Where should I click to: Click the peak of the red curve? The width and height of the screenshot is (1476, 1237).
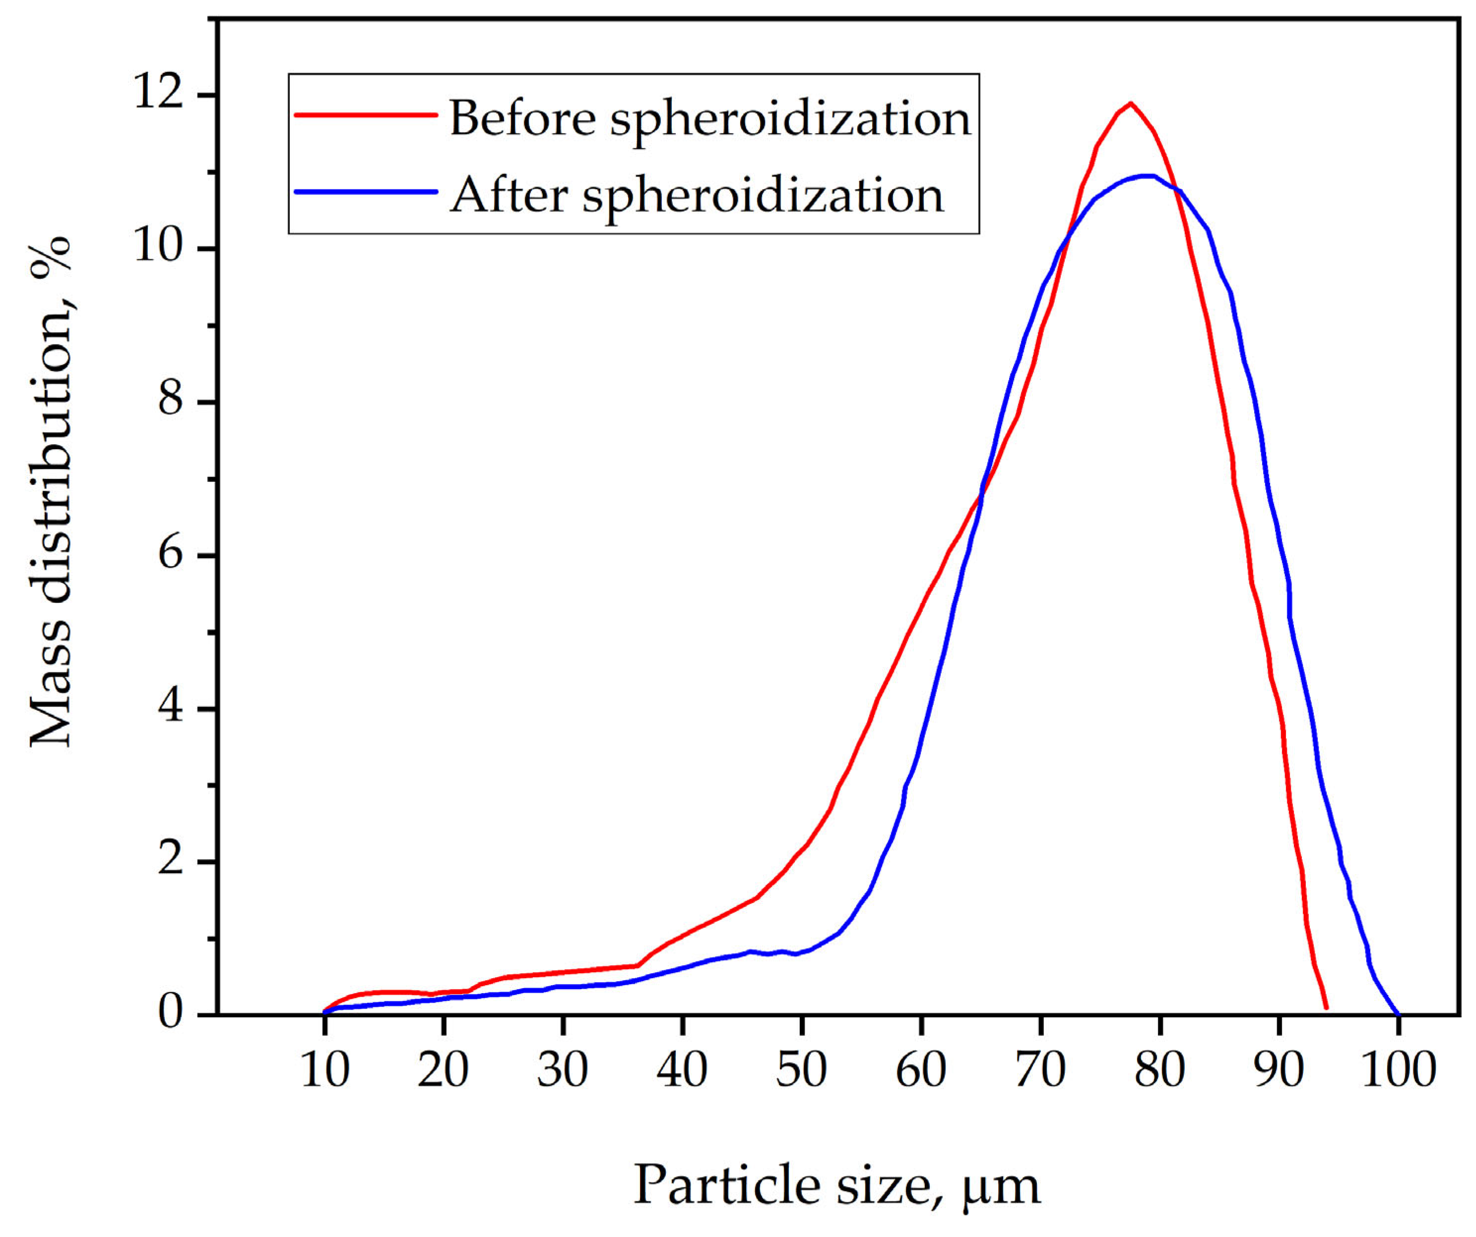tap(1130, 103)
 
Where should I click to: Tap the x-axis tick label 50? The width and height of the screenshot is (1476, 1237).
tap(801, 1070)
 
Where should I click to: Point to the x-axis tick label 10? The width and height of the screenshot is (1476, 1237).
tap(324, 1070)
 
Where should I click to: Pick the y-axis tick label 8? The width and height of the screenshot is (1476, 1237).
tap(171, 401)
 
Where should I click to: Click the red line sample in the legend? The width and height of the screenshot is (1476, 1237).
tap(366, 115)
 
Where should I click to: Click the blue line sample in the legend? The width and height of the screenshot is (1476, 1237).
tap(366, 191)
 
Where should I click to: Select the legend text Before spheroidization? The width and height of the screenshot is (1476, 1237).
tap(710, 118)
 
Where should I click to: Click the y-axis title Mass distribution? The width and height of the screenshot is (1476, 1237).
tap(51, 492)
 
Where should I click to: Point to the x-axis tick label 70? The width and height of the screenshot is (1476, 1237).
tap(1040, 1070)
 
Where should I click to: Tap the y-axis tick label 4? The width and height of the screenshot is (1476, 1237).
tap(171, 707)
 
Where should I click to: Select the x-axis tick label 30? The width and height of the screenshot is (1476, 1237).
tap(562, 1070)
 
